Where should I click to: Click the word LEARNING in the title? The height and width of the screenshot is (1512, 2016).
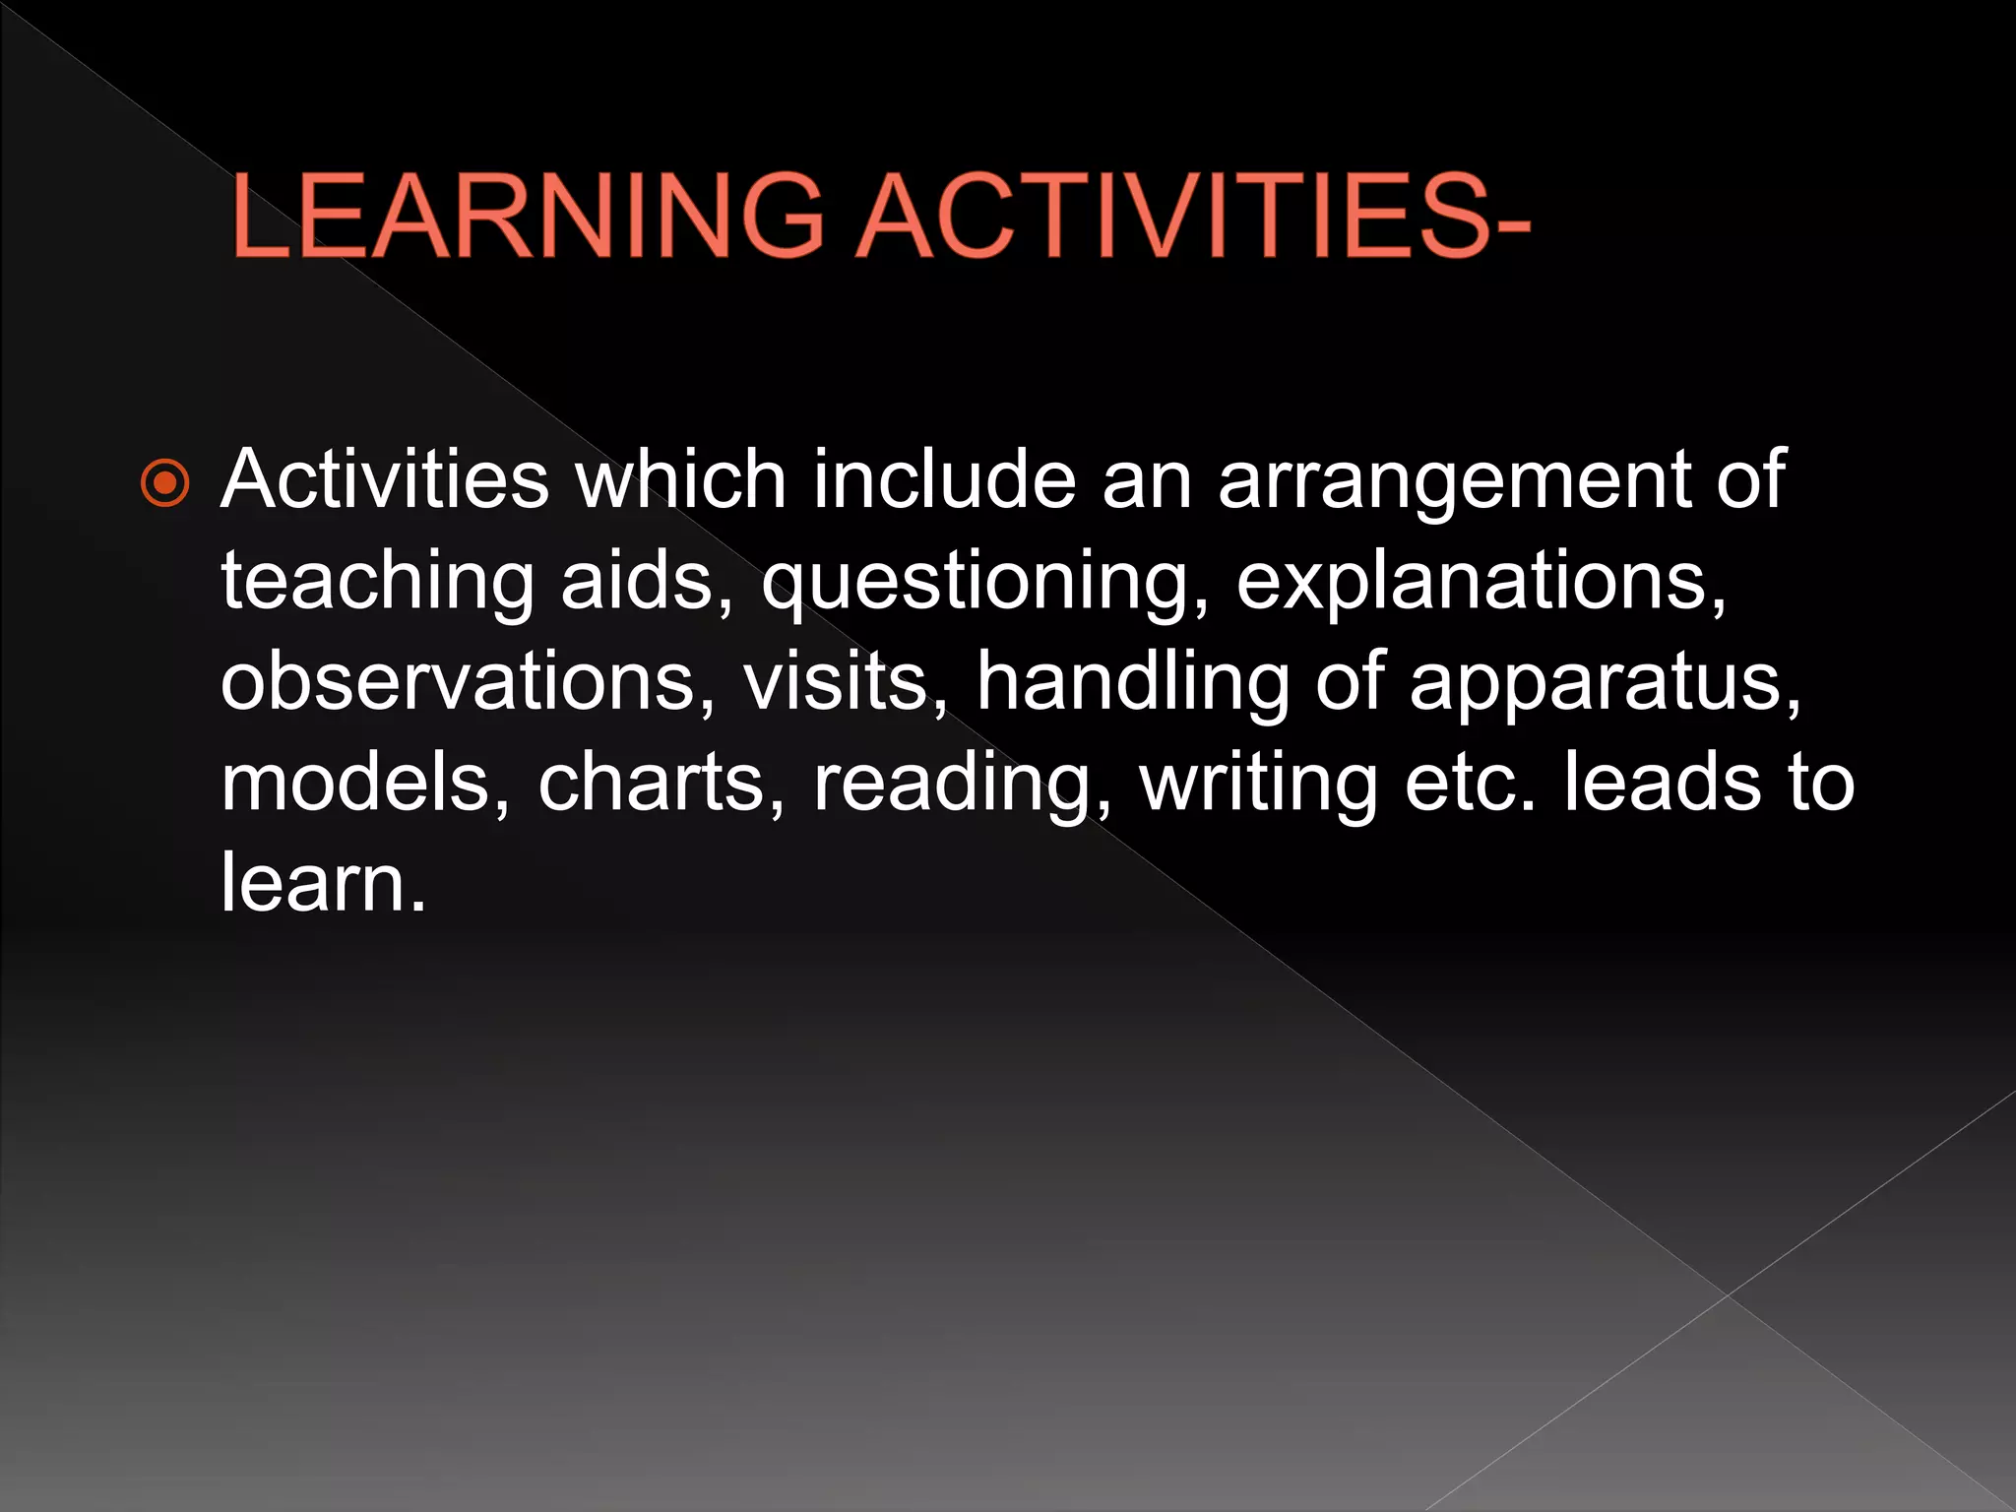tap(527, 216)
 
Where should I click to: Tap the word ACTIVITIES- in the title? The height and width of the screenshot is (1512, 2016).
tap(1193, 216)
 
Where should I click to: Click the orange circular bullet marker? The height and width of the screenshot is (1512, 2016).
tap(165, 483)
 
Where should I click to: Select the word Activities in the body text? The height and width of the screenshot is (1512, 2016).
tap(384, 479)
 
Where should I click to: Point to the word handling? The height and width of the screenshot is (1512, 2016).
tap(1133, 683)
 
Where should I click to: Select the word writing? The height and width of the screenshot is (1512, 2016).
tap(1259, 785)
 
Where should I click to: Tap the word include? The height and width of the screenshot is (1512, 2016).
tap(944, 479)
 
